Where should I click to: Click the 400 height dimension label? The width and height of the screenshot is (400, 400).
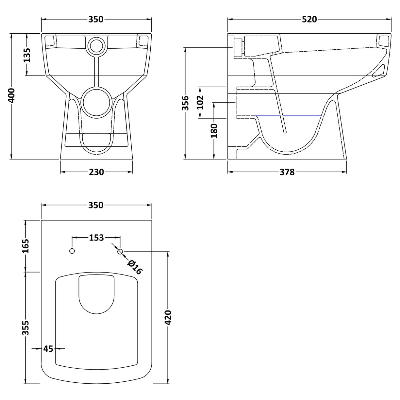(11, 96)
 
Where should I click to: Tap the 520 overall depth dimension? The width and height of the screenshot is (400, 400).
(309, 19)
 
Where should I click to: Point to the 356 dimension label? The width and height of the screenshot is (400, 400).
(185, 103)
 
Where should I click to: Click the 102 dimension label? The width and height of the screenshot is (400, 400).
(200, 102)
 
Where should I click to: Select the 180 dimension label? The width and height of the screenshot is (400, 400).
(214, 130)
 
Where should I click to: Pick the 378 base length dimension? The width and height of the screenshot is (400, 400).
(287, 172)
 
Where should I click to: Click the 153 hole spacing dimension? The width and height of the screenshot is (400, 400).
(96, 238)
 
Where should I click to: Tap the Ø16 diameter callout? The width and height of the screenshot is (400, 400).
(135, 267)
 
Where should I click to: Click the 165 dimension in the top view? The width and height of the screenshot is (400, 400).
(26, 246)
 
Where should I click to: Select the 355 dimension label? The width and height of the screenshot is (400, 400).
(26, 328)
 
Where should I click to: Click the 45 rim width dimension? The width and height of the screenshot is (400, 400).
(48, 349)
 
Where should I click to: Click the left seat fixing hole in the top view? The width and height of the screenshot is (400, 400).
(72, 251)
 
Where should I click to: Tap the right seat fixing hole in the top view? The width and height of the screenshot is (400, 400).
(120, 251)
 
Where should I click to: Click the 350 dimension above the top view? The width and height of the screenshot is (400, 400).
(96, 205)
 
